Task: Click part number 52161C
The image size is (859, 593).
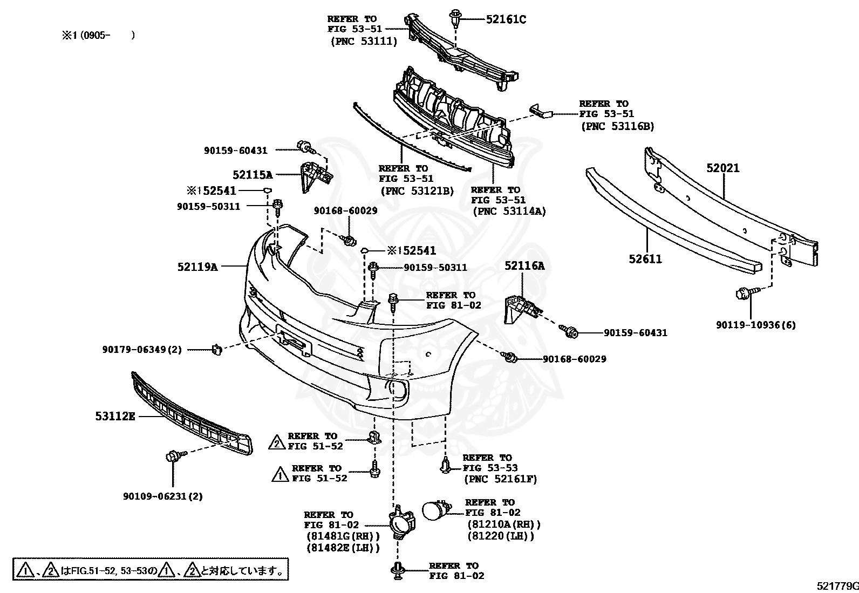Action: click(506, 19)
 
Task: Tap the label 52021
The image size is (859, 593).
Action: click(723, 168)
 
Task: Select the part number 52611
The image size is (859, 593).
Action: click(645, 259)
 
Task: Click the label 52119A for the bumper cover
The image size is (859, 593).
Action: click(197, 266)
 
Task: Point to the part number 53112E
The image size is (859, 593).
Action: click(115, 416)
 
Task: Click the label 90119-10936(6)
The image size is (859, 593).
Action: click(755, 325)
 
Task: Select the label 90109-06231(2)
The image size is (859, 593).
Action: click(162, 496)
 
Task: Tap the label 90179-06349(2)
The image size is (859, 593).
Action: click(142, 350)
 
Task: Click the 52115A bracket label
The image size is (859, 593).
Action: click(253, 174)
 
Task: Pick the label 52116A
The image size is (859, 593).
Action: click(524, 265)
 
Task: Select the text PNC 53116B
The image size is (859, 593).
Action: click(617, 126)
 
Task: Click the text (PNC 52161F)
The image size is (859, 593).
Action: click(500, 479)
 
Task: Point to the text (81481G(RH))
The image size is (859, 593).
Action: click(343, 536)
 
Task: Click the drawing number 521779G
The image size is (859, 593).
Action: click(836, 586)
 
